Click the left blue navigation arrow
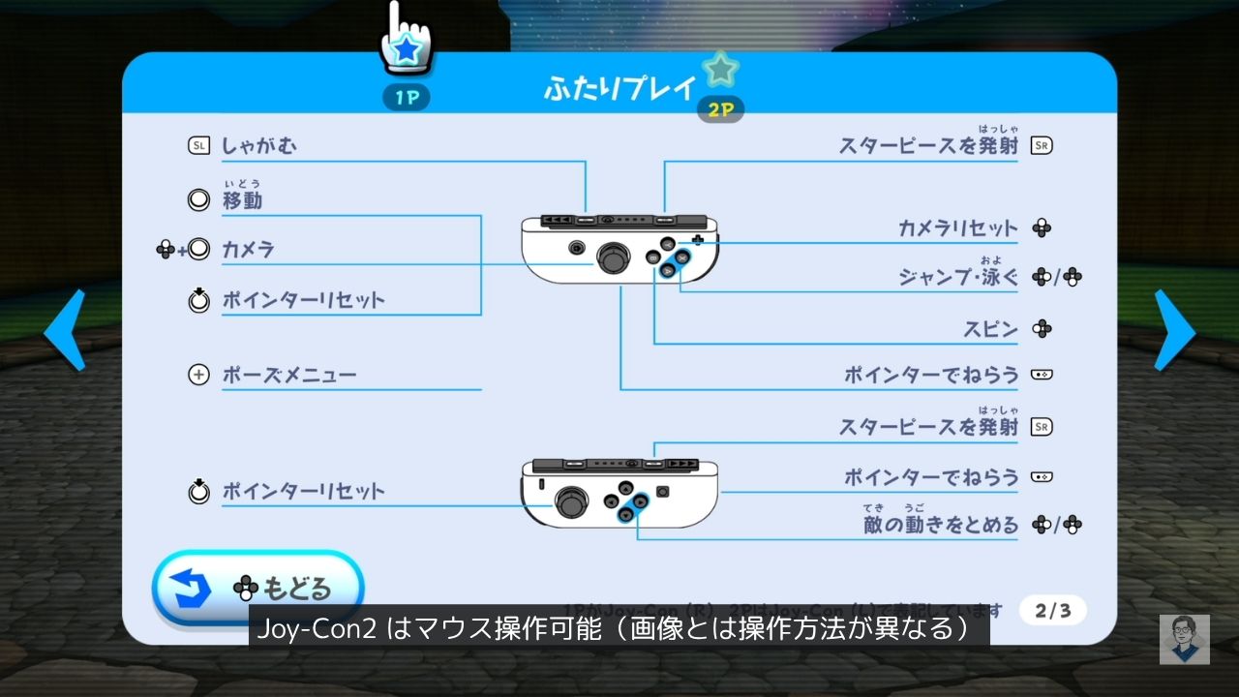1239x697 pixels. point(65,331)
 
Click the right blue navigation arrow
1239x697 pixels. point(1173,331)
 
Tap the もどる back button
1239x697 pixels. point(257,588)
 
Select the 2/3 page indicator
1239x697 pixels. point(1052,611)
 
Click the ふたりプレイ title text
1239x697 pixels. point(619,89)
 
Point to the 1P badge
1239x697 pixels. point(407,98)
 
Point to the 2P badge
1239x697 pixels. point(720,109)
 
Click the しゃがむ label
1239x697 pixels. point(259,146)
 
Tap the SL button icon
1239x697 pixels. point(198,146)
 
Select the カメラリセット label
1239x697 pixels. point(958,229)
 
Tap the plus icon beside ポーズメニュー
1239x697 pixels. point(198,375)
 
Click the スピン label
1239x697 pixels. point(989,329)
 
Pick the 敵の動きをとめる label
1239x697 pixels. point(941,526)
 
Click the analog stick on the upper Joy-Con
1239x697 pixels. point(612,258)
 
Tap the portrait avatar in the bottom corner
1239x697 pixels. point(1185,640)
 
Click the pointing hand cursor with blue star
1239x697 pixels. point(407,39)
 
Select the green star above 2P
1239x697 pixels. point(719,70)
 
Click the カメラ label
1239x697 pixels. point(248,250)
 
